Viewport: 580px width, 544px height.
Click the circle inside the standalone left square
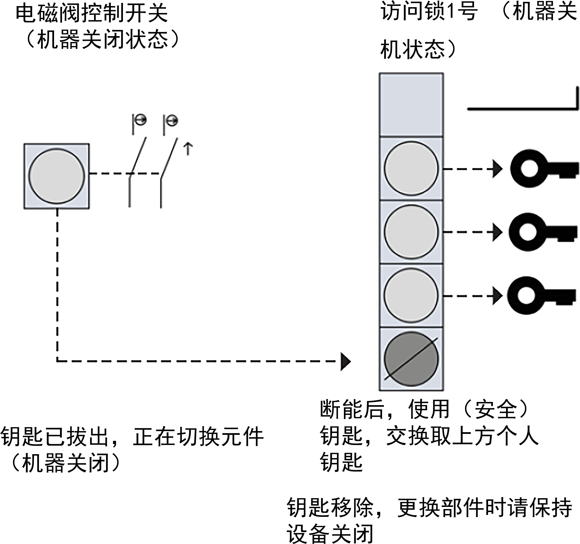pos(57,176)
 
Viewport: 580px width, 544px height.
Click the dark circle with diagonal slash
pos(411,359)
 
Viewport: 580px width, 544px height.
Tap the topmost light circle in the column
pos(411,169)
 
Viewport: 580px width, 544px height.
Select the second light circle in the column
pos(411,232)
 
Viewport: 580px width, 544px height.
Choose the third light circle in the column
pos(411,295)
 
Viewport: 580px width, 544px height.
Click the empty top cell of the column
pos(411,105)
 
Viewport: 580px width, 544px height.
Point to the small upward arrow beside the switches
pos(188,149)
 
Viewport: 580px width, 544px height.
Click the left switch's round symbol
pos(141,119)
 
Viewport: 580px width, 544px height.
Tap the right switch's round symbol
pos(173,120)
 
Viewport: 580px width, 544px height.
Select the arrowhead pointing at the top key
pos(497,169)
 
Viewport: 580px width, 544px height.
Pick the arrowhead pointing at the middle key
pos(497,232)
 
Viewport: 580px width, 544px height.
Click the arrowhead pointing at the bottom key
pos(497,296)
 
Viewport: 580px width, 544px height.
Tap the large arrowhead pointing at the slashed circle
pos(345,362)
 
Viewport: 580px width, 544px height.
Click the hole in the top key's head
pos(529,169)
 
